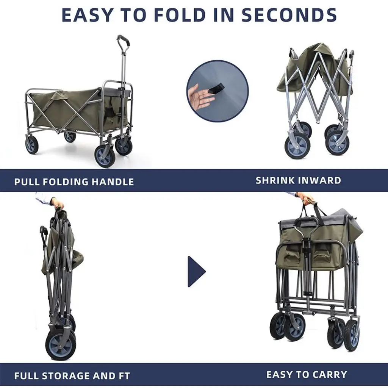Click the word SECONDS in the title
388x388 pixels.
click(289, 15)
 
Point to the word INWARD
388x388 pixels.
click(319, 180)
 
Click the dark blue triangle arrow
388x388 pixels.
click(197, 271)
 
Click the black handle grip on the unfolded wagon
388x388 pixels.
click(123, 42)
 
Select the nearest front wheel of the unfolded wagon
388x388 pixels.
click(105, 156)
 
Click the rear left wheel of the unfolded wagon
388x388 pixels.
click(32, 145)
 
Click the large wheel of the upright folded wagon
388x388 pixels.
click(61, 343)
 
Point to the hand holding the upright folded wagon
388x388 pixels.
click(57, 203)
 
